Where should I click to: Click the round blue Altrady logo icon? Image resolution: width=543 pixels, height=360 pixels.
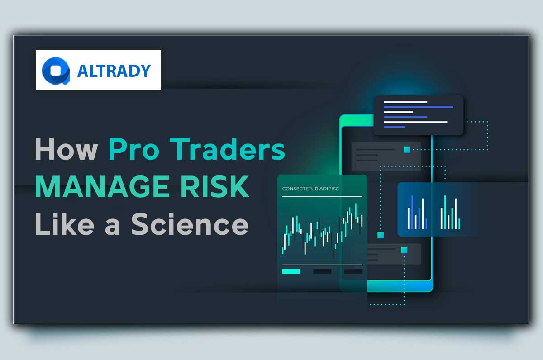coord(55,71)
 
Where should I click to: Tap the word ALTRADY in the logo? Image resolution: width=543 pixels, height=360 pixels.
coord(114,71)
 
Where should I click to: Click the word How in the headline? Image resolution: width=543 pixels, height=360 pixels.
coord(65,150)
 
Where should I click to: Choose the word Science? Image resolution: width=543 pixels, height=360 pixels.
coord(190,224)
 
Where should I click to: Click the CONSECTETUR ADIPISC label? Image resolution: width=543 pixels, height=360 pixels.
coord(310,189)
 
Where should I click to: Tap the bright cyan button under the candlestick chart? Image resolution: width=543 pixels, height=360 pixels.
coord(291,271)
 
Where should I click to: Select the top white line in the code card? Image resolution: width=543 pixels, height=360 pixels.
coord(405,102)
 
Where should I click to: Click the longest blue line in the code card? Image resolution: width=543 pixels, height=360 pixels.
coord(418,107)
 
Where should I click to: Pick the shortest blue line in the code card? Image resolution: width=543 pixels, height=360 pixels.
coord(395,127)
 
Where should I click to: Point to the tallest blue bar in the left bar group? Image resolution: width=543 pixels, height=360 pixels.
coord(412,212)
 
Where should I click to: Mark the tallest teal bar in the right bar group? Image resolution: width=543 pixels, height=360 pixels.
coord(445,212)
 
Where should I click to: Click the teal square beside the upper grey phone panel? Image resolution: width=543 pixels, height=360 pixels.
coord(407,149)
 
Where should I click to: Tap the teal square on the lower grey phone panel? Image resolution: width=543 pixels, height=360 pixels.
coord(404,250)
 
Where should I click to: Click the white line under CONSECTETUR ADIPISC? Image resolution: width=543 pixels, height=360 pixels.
coord(322,196)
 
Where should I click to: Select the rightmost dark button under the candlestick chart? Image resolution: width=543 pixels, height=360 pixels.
coord(353,271)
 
